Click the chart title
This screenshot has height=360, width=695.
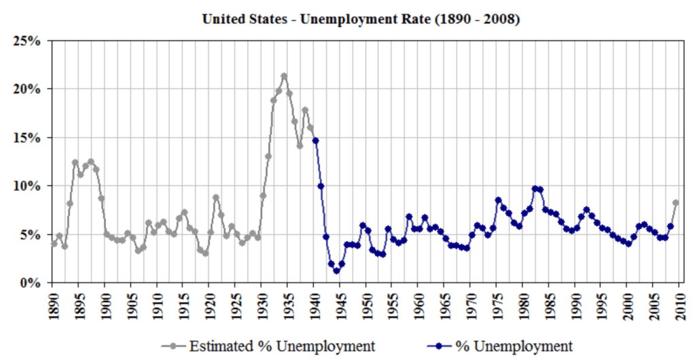pos(361,20)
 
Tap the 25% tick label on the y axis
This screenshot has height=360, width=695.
pos(28,41)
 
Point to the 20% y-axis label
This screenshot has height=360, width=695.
pos(28,89)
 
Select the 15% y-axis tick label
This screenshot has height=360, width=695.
pos(28,137)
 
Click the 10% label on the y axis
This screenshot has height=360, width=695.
pos(28,185)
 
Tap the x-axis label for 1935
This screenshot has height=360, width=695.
pos(289,303)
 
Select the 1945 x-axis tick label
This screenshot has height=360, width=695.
pos(341,303)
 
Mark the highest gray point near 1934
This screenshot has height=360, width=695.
pos(284,76)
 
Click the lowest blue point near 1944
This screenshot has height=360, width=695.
pos(336,271)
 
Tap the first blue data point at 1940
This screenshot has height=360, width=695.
pos(315,141)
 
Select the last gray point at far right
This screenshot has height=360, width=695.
pos(676,202)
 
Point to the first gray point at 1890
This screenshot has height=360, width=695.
pos(54,243)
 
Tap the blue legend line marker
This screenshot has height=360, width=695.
pos(440,346)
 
